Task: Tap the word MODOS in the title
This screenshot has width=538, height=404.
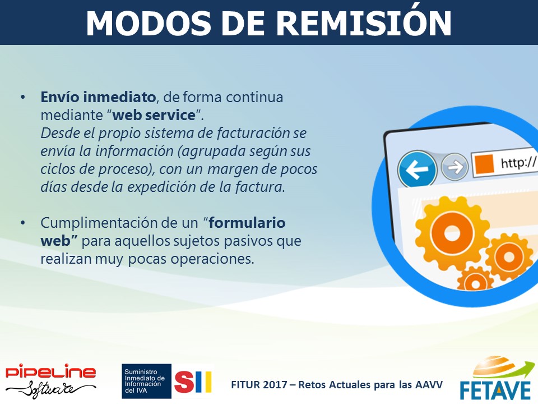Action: [x=149, y=24]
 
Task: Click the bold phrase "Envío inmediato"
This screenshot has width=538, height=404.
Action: [x=98, y=97]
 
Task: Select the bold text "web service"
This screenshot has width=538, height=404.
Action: [x=154, y=115]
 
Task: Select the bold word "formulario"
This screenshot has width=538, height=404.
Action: [x=247, y=223]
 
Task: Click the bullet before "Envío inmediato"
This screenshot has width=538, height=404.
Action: [x=23, y=97]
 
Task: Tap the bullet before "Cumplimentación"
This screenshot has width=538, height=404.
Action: [x=23, y=223]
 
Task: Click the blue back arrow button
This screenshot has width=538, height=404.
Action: [x=417, y=169]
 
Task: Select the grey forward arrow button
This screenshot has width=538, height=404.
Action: [x=454, y=167]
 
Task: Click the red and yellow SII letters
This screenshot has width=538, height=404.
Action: [x=193, y=382]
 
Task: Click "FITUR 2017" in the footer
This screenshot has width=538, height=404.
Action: [x=259, y=384]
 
